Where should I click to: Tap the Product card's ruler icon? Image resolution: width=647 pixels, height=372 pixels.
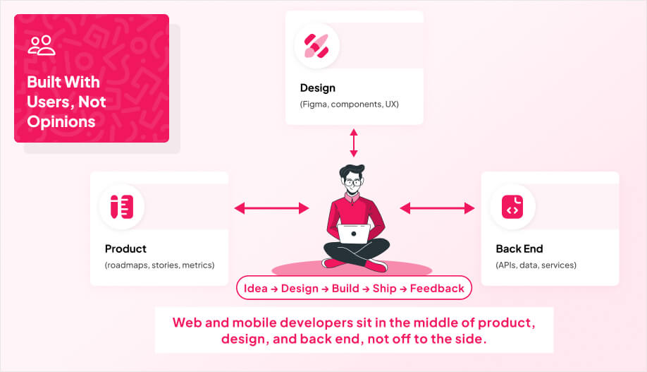click(x=122, y=206)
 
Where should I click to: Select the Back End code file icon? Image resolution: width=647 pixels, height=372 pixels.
click(x=512, y=206)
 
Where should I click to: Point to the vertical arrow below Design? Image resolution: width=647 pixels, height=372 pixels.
click(x=354, y=143)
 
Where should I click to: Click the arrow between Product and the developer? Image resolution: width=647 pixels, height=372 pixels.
click(x=271, y=208)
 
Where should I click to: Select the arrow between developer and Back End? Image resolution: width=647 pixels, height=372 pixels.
click(x=437, y=208)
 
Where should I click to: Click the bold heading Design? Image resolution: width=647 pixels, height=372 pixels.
click(x=317, y=88)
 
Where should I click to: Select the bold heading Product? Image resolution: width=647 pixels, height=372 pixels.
click(x=125, y=248)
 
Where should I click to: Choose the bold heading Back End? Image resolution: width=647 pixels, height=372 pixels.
click(x=519, y=248)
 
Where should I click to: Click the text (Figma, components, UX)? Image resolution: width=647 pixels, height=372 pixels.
click(x=350, y=104)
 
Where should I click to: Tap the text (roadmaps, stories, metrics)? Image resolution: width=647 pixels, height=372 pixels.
click(x=159, y=265)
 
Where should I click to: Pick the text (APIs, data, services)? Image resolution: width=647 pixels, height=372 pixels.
click(x=536, y=265)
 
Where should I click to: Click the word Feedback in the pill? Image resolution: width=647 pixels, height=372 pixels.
click(x=437, y=288)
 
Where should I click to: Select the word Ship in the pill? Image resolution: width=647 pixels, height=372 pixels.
click(x=384, y=288)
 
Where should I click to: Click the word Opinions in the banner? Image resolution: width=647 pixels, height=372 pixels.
click(x=61, y=121)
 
